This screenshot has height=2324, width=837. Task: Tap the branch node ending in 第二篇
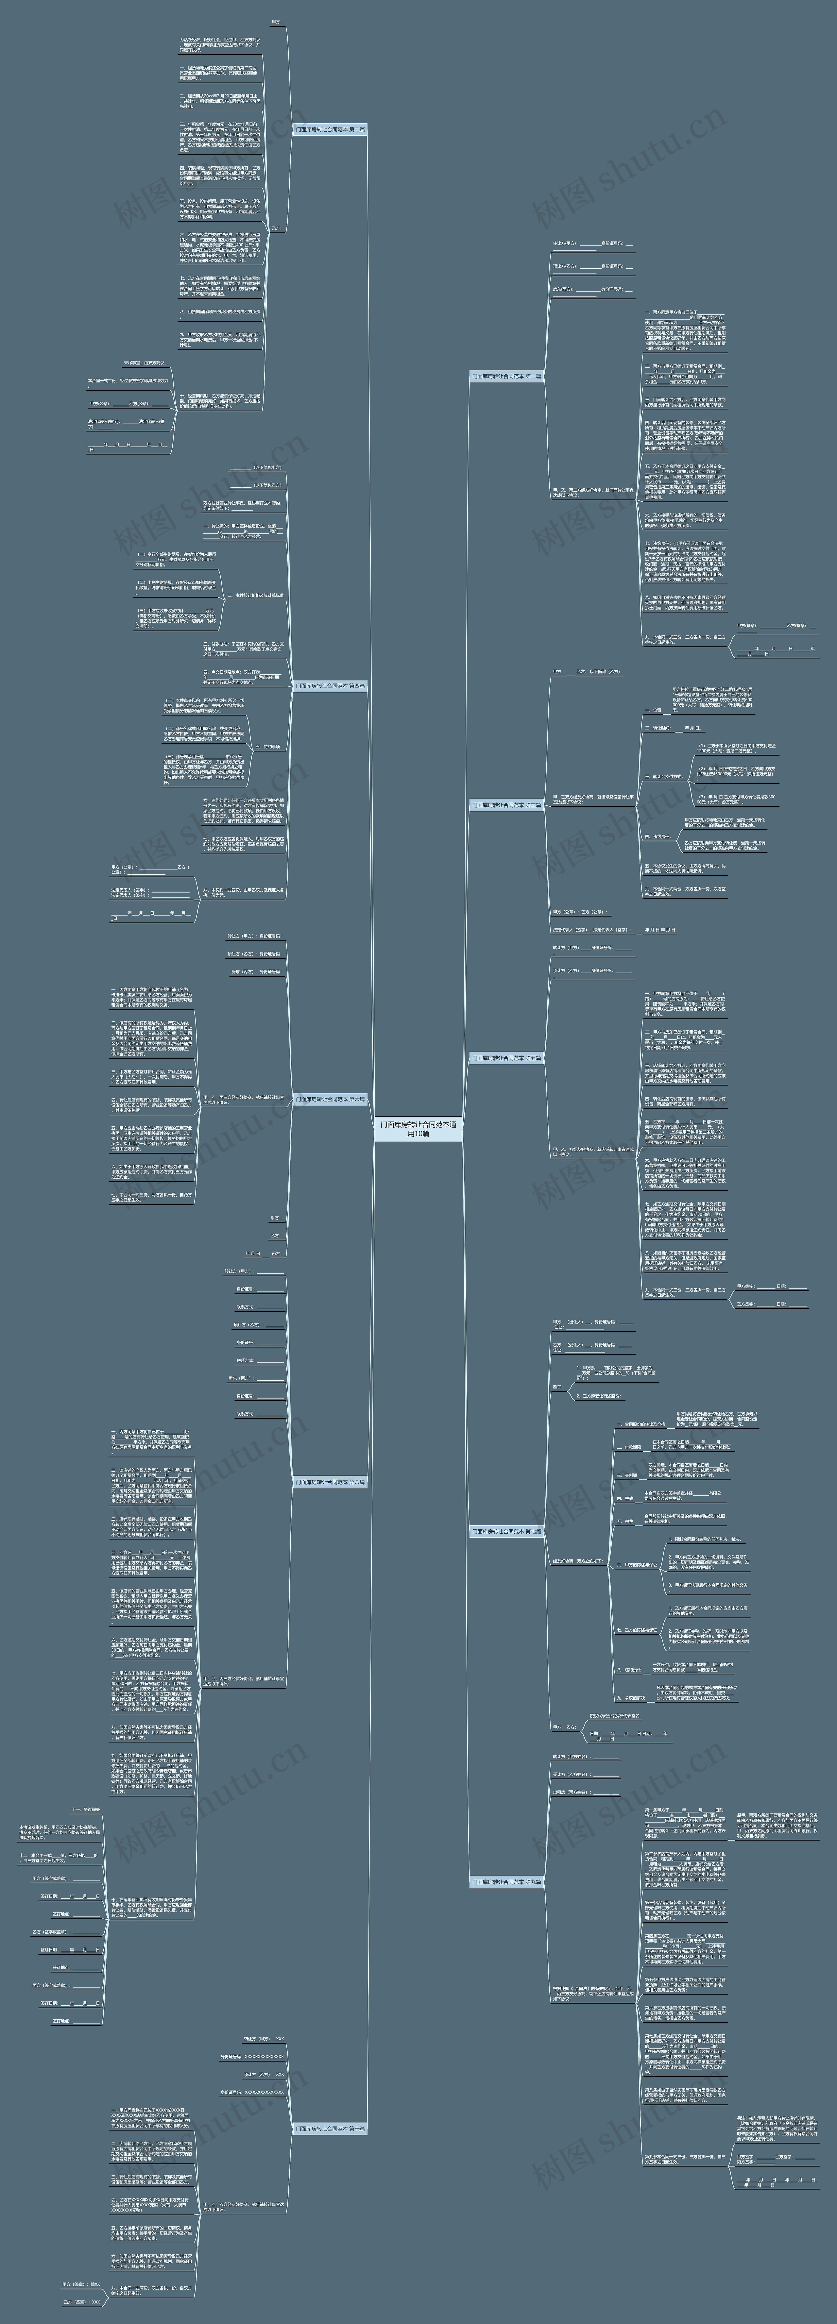coord(330,130)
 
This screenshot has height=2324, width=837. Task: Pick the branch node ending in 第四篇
coord(330,686)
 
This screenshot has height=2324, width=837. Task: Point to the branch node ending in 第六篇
coord(330,1099)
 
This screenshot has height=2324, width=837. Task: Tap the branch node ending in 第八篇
coord(330,1481)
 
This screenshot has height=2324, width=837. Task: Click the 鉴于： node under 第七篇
coord(557,1387)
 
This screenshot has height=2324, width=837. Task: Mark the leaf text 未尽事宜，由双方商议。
coord(145,363)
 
